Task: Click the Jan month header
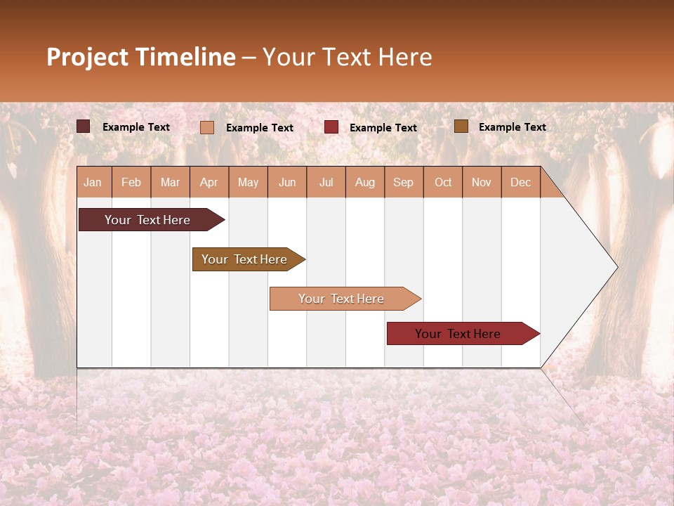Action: point(93,182)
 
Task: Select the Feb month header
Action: point(131,182)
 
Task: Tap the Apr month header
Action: point(209,182)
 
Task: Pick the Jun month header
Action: point(287,182)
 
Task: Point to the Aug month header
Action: point(364,182)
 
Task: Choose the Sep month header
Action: point(403,182)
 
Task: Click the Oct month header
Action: point(443,182)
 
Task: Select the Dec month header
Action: point(520,182)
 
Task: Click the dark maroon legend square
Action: point(84,126)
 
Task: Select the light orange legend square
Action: point(207,127)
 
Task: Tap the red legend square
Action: point(331,127)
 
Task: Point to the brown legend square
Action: point(461,126)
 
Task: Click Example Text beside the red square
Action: point(383,128)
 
